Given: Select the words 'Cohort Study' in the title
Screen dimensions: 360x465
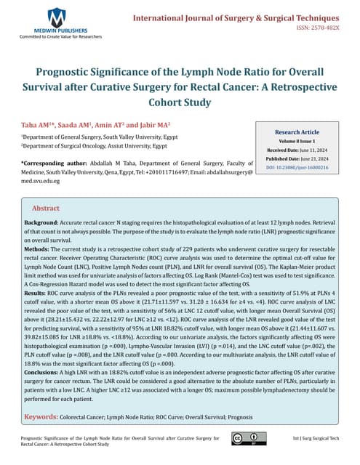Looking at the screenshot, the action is [x=180, y=103].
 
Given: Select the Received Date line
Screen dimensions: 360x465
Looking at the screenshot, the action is [x=301, y=150].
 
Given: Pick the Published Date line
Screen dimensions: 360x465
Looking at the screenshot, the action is [x=301, y=159].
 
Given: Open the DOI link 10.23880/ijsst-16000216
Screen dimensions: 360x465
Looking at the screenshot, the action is [x=301, y=168].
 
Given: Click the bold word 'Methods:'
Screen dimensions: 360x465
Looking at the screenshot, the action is [x=39, y=248].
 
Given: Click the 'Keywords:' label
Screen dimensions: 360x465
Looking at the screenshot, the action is [x=47, y=416].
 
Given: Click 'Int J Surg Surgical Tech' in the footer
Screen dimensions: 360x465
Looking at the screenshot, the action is [x=315, y=439].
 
